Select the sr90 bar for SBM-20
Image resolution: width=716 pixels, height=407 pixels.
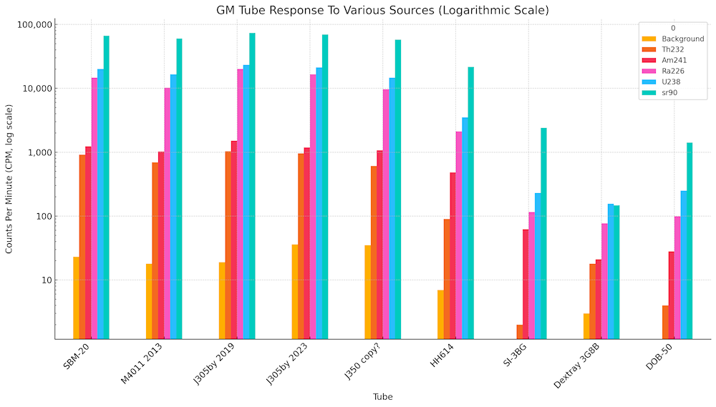106,186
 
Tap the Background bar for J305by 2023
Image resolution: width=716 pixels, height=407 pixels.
295,291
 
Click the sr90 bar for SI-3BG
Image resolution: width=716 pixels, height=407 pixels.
543,232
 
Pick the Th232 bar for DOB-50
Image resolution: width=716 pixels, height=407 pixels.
665,322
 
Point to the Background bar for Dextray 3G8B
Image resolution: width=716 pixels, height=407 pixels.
586,325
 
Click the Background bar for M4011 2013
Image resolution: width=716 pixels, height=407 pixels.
149,301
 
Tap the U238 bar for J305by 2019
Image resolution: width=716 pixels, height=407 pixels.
246,201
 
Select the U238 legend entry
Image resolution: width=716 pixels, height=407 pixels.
670,82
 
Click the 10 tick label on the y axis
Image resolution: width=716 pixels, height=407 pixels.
44,280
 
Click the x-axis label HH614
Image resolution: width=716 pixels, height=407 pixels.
443,355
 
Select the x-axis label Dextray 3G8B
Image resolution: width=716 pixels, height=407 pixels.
576,366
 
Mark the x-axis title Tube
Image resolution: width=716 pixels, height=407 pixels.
382,396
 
